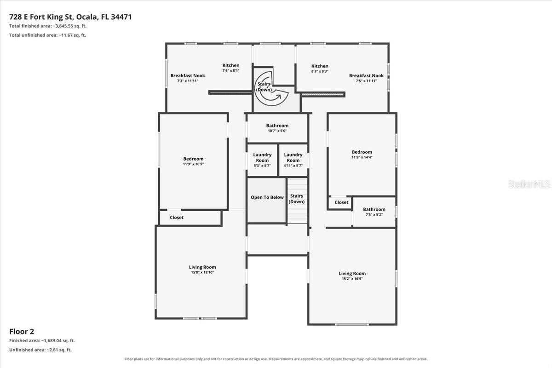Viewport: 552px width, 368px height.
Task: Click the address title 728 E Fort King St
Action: coord(41,17)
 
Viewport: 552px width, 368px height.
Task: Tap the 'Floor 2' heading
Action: coord(22,332)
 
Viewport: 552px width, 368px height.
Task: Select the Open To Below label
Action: coord(267,197)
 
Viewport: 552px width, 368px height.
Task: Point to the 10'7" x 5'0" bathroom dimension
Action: coord(277,131)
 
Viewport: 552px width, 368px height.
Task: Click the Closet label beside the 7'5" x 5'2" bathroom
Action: coord(341,202)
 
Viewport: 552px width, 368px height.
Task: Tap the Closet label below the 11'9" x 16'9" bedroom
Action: coord(177,218)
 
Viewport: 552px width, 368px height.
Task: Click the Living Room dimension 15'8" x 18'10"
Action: coord(202,272)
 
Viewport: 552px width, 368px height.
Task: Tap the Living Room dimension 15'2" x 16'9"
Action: coord(352,279)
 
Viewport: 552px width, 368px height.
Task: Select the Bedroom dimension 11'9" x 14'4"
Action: coord(362,157)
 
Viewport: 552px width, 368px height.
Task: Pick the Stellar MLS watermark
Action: coord(529,184)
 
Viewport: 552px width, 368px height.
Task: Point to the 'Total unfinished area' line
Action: coord(47,35)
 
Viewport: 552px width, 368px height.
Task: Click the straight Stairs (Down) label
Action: coord(296,199)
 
